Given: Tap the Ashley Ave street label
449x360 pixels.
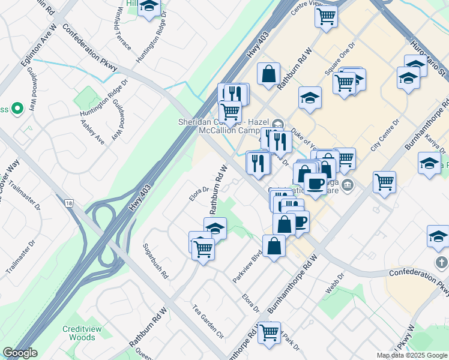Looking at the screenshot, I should [92, 131].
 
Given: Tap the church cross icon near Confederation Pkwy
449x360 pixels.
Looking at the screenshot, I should [441, 263].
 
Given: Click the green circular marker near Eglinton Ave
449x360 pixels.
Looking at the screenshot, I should [17, 109].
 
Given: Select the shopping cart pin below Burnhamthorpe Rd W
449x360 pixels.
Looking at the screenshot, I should [269, 331].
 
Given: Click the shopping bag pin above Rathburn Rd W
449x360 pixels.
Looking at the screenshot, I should [269, 74].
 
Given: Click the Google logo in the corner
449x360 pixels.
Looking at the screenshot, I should [20, 353].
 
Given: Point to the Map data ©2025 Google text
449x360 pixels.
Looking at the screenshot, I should [411, 355].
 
